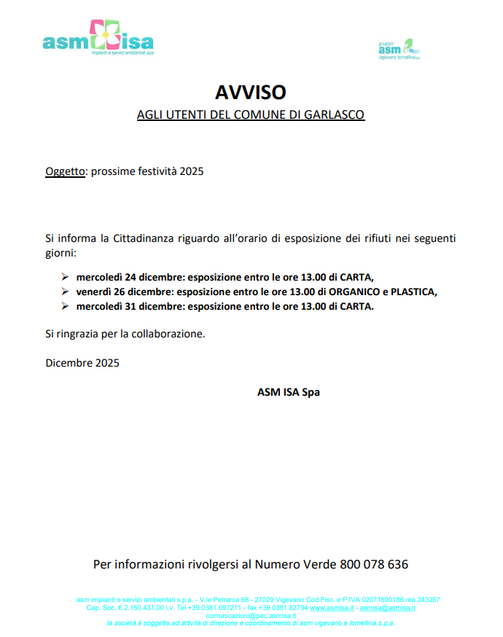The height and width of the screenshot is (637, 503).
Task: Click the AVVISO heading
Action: (251, 93)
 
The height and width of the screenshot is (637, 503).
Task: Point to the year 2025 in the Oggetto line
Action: (192, 172)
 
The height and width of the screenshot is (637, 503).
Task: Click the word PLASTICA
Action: (413, 292)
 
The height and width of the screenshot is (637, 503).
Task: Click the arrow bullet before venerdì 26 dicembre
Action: (65, 292)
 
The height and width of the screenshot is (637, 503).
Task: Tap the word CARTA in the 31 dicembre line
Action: (356, 306)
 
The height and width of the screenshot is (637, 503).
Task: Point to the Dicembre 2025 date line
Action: (82, 362)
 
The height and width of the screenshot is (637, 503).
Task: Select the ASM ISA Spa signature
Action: (288, 391)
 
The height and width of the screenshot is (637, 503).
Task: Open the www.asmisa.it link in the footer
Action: (332, 607)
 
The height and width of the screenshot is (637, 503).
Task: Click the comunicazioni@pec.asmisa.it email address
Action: (251, 615)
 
